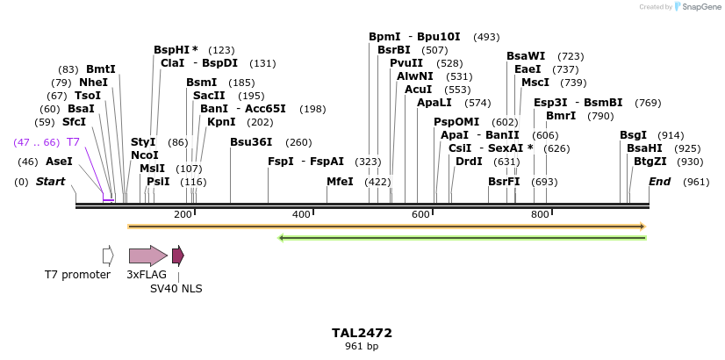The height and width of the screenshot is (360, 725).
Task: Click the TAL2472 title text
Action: click(362, 333)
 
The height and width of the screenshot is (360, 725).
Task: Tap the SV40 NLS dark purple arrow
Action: click(178, 256)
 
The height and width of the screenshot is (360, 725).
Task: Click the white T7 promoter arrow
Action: click(108, 256)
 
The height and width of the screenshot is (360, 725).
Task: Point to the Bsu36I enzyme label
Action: click(251, 142)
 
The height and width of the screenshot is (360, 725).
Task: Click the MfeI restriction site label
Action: click(340, 182)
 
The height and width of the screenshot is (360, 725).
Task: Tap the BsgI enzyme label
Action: click(633, 135)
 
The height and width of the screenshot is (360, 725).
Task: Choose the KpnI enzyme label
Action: click(221, 122)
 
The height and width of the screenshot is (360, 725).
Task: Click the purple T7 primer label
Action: click(74, 142)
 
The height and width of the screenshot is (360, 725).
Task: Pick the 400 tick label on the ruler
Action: click(301, 214)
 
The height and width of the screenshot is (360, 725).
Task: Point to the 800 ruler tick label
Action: click(540, 214)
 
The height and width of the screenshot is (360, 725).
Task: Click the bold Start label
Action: click(50, 182)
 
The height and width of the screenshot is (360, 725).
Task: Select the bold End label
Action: click(660, 182)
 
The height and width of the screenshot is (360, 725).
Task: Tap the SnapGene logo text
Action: click(700, 7)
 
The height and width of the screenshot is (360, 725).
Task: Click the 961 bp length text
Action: click(362, 347)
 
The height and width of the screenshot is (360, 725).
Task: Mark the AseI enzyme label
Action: click(59, 162)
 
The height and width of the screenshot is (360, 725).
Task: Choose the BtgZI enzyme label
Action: click(650, 162)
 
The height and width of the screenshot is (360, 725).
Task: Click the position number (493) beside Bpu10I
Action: click(486, 37)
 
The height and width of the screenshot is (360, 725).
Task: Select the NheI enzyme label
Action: click(93, 83)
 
